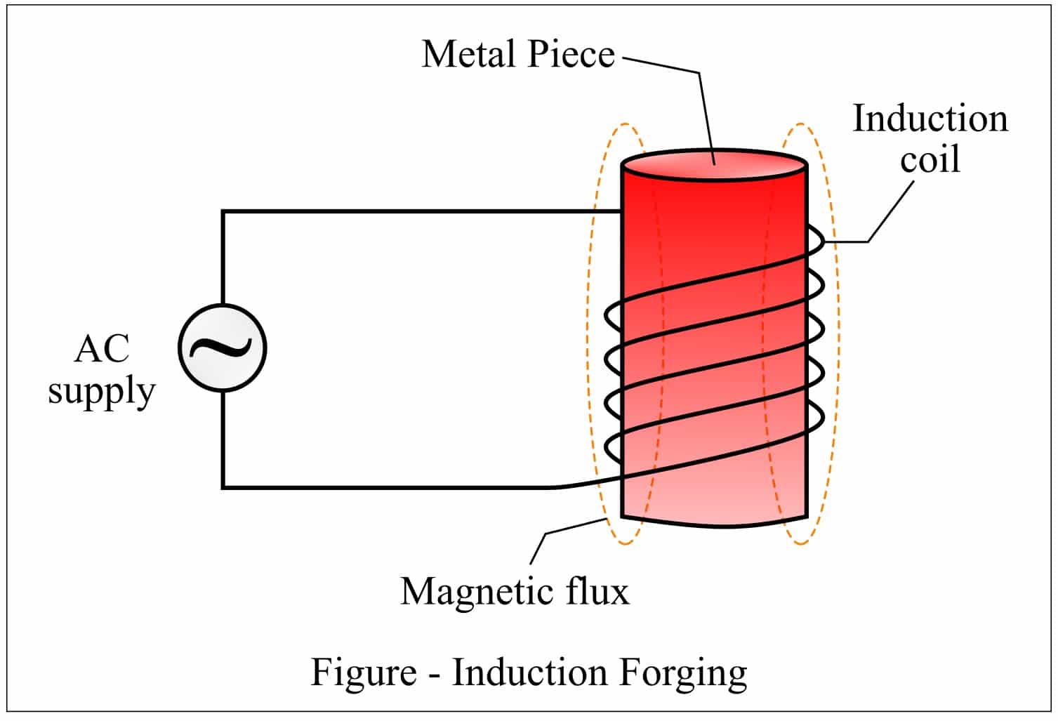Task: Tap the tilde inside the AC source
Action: [222, 348]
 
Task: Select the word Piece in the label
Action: [571, 54]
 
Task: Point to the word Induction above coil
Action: [930, 119]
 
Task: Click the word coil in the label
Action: [930, 159]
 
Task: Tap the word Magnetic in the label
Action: [471, 591]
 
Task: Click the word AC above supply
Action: [102, 348]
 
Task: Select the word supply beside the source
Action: [102, 391]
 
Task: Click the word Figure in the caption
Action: [364, 672]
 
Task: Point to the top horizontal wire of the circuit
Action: [421, 211]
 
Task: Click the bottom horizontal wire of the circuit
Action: [386, 487]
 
